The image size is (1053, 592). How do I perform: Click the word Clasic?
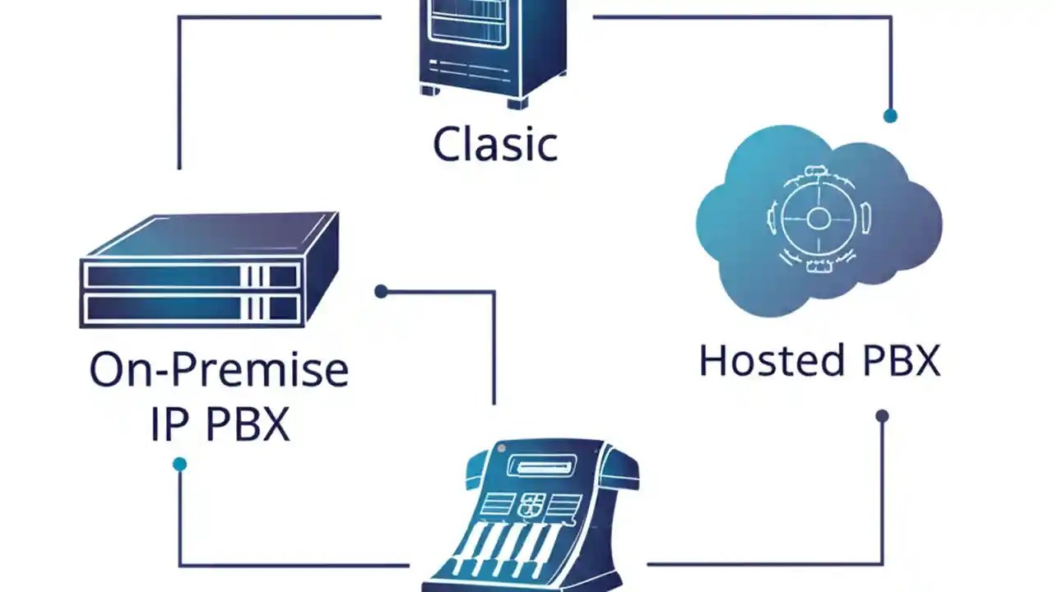pos(494,144)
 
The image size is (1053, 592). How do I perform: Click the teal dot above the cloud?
pos(890,116)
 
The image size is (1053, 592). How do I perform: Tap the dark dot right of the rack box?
pos(381,291)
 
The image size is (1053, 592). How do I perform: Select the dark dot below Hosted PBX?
pos(882,416)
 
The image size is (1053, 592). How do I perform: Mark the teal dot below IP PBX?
pos(179,465)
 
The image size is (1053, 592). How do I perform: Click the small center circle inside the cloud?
pos(818,219)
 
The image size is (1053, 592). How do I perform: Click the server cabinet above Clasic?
pos(493,45)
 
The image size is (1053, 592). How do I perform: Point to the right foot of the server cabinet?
pos(517,102)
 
